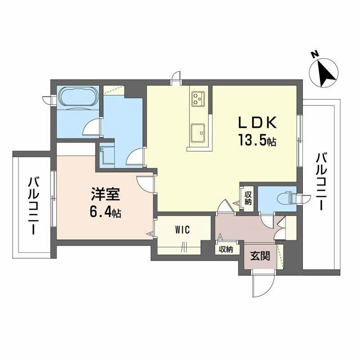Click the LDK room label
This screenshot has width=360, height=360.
tap(257, 123)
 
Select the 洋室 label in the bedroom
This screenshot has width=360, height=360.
tap(106, 194)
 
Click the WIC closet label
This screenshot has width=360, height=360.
tap(183, 229)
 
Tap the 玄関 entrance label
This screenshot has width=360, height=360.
tap(260, 256)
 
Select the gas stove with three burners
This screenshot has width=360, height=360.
tap(198, 99)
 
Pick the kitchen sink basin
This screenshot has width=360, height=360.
tap(198, 132)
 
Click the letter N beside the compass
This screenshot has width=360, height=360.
tap(314, 54)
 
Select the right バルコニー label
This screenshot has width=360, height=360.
tap(321, 182)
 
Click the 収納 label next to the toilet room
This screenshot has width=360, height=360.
tap(248, 198)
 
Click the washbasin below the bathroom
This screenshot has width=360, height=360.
tap(107, 155)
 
